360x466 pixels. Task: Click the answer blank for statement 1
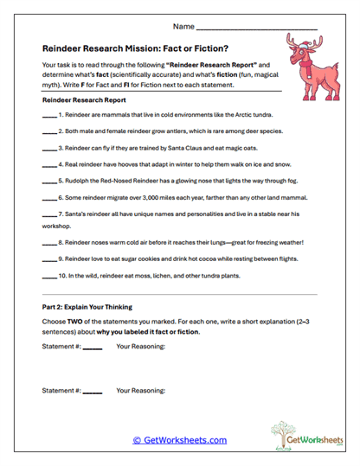49,116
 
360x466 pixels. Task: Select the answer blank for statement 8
49,243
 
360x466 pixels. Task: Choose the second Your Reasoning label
140,391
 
